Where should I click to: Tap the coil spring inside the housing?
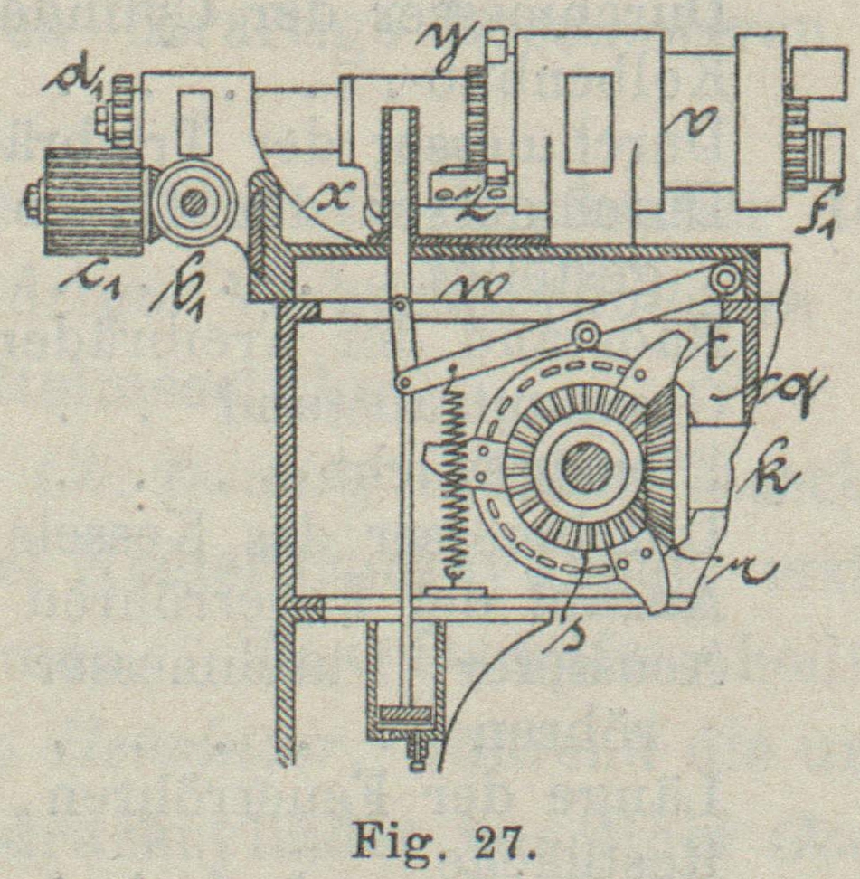[453, 487]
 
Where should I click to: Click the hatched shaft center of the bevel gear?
[585, 468]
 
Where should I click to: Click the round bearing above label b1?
[193, 203]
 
